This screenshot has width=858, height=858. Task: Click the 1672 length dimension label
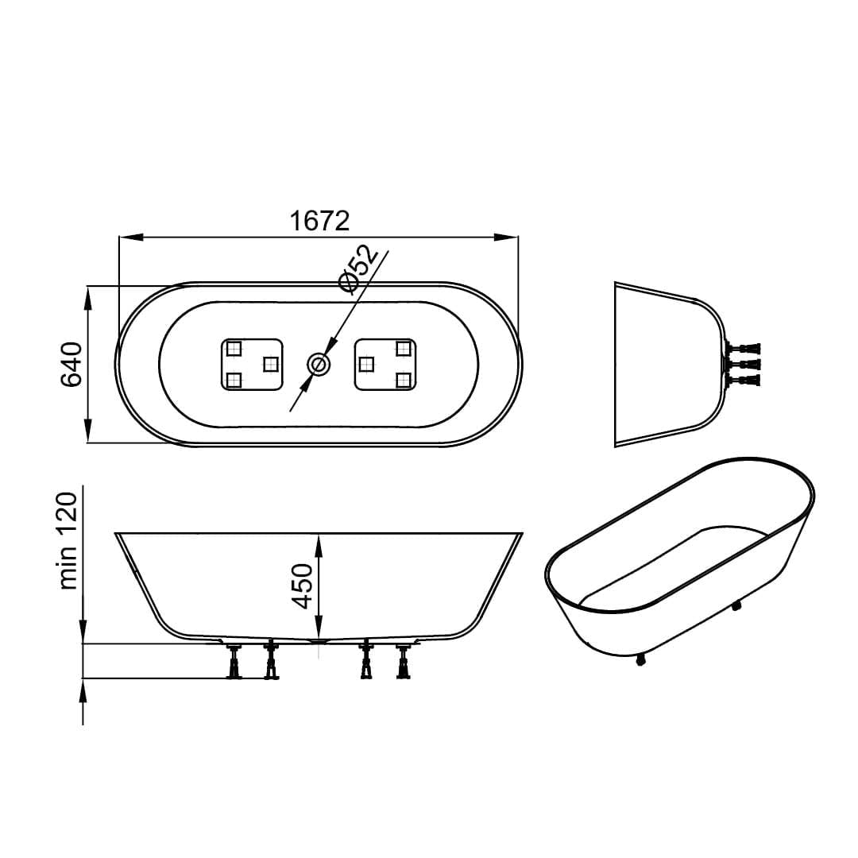pyautogui.click(x=319, y=221)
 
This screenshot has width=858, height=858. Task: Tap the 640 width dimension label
pyautogui.click(x=71, y=365)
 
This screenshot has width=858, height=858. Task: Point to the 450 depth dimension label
pyautogui.click(x=302, y=586)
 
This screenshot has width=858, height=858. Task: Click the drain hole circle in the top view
pyautogui.click(x=319, y=364)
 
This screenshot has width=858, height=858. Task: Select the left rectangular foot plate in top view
pyautogui.click(x=253, y=365)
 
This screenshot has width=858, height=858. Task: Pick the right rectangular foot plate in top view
pyautogui.click(x=385, y=365)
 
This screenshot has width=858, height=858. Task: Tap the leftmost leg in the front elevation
pyautogui.click(x=235, y=661)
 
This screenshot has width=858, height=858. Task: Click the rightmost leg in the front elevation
pyautogui.click(x=404, y=661)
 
